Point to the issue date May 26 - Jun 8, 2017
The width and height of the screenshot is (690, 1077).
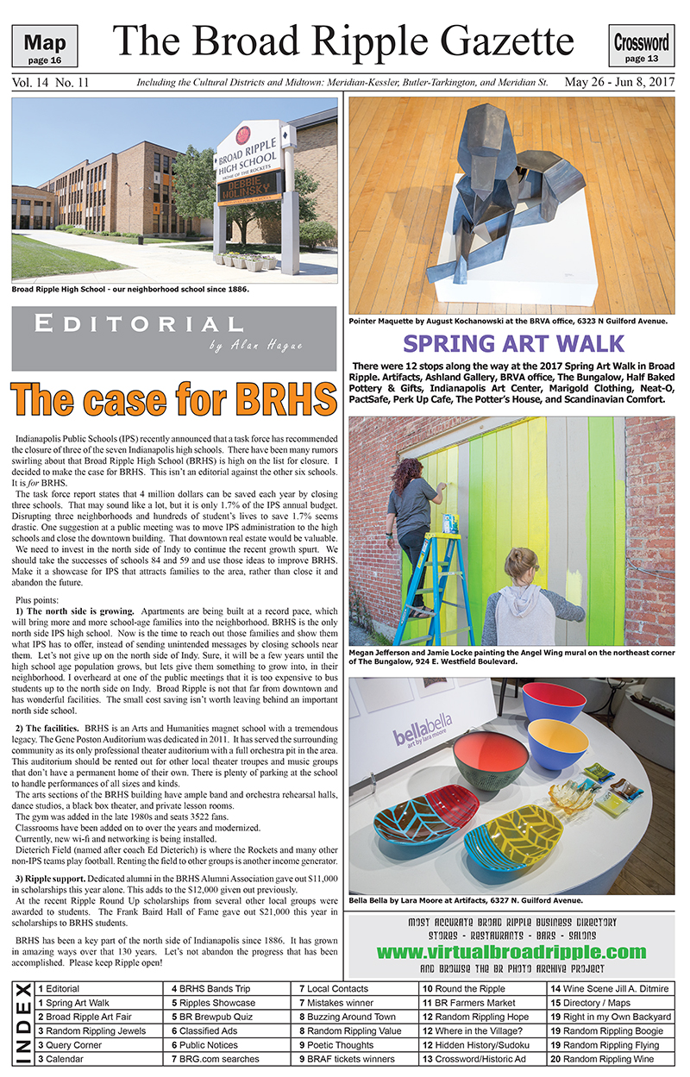coord(620,84)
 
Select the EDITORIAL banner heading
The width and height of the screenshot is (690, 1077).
coord(138,325)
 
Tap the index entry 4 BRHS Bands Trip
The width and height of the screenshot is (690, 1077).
coord(211,989)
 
